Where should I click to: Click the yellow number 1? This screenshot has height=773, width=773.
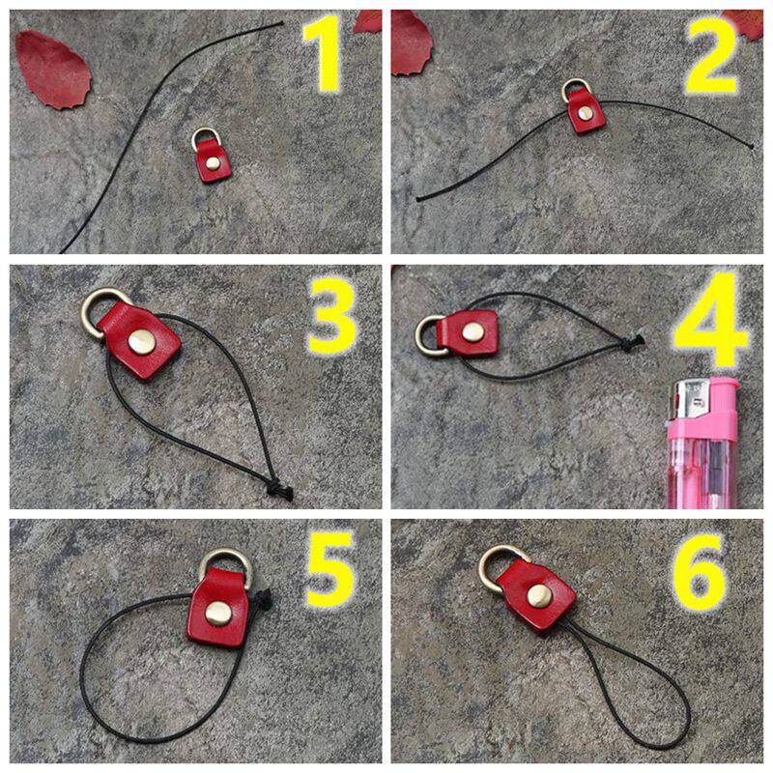323,53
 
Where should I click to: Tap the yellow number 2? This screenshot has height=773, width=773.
711,55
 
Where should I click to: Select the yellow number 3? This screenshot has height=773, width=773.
331,316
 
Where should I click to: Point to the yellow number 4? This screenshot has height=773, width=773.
709,322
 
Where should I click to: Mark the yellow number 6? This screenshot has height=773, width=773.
699,571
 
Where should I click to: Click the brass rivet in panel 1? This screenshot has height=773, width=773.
213,163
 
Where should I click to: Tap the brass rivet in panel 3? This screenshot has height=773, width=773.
142,342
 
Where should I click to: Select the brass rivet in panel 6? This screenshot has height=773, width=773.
539,596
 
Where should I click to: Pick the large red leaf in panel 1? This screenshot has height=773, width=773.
53,70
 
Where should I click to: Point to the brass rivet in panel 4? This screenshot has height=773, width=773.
472,332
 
